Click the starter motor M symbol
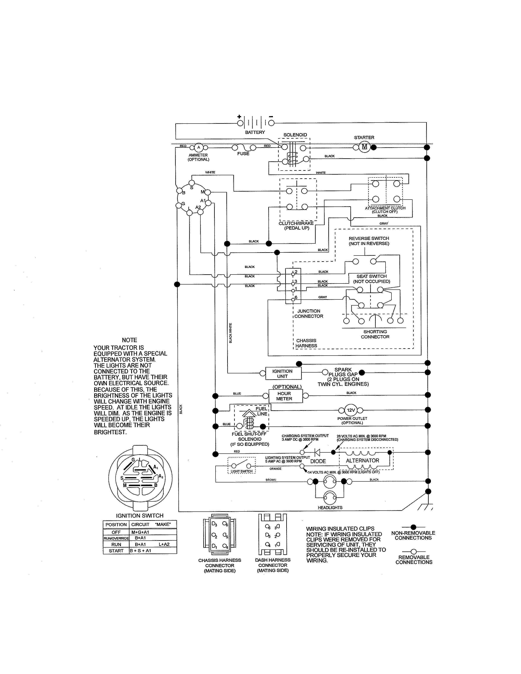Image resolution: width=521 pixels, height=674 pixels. click(364, 147)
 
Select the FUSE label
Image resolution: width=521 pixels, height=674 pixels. click(243, 154)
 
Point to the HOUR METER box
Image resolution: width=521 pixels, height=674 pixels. click(284, 396)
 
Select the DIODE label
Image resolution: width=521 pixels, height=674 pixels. click(318, 461)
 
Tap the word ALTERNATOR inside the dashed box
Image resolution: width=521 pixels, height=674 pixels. click(362, 460)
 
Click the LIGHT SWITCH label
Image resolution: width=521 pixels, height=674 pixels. click(242, 471)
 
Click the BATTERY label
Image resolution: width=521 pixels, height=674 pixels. click(255, 132)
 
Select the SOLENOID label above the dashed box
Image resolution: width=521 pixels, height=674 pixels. click(295, 135)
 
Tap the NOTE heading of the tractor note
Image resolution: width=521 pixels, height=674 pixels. click(129, 340)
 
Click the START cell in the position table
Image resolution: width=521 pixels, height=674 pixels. click(116, 551)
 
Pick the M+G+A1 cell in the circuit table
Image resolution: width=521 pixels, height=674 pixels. click(140, 532)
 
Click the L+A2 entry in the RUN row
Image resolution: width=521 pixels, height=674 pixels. click(164, 544)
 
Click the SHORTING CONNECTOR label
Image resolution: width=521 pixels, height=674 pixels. click(375, 334)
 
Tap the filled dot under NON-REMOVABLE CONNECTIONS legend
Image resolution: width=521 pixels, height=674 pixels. click(414, 527)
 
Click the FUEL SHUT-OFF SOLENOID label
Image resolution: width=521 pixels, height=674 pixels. click(250, 439)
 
